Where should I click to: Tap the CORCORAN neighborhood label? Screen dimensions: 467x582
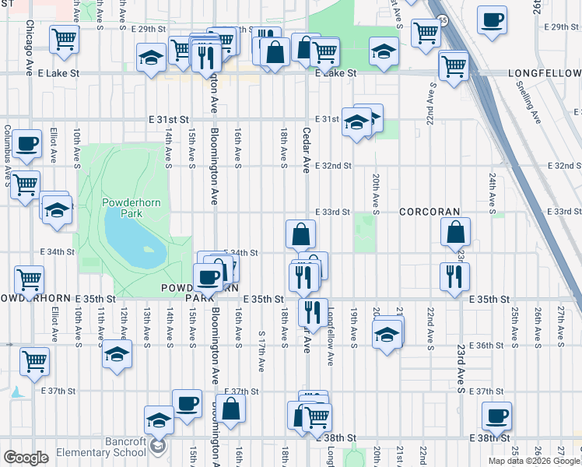[430, 212]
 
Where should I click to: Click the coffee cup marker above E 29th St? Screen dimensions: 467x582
[491, 21]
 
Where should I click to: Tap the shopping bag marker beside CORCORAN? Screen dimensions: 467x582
[454, 232]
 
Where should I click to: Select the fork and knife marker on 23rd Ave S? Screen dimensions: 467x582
[454, 276]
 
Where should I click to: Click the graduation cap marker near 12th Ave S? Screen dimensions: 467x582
[117, 354]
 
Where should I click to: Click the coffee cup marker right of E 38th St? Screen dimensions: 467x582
[496, 416]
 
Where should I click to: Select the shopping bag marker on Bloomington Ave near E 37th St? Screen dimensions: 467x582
[230, 408]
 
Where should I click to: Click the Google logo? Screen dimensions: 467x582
[26, 458]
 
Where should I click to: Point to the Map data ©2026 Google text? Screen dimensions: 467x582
[534, 461]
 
